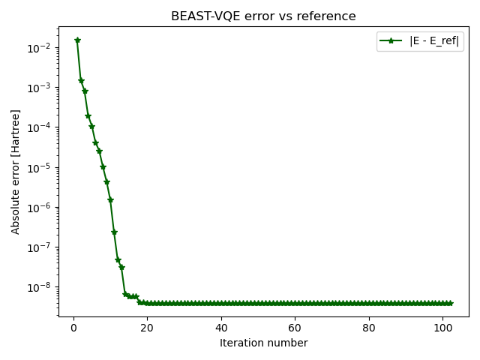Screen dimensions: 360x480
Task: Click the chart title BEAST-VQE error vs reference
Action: coord(263,16)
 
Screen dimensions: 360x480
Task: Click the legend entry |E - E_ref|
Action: coord(434,41)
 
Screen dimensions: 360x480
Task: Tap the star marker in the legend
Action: coord(393,41)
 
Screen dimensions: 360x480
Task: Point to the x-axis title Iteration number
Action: coord(263,343)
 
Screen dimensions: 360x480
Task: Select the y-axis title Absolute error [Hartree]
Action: coord(16,175)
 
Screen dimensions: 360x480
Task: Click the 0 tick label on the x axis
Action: coord(73,327)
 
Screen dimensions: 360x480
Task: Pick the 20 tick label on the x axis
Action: coord(147,327)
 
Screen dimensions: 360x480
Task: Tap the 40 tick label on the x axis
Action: coord(221,327)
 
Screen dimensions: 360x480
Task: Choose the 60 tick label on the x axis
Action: coord(295,327)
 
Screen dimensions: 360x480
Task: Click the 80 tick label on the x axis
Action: coord(369,327)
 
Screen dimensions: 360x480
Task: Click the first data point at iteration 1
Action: coord(77,40)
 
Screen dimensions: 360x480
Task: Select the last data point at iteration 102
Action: coord(450,303)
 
